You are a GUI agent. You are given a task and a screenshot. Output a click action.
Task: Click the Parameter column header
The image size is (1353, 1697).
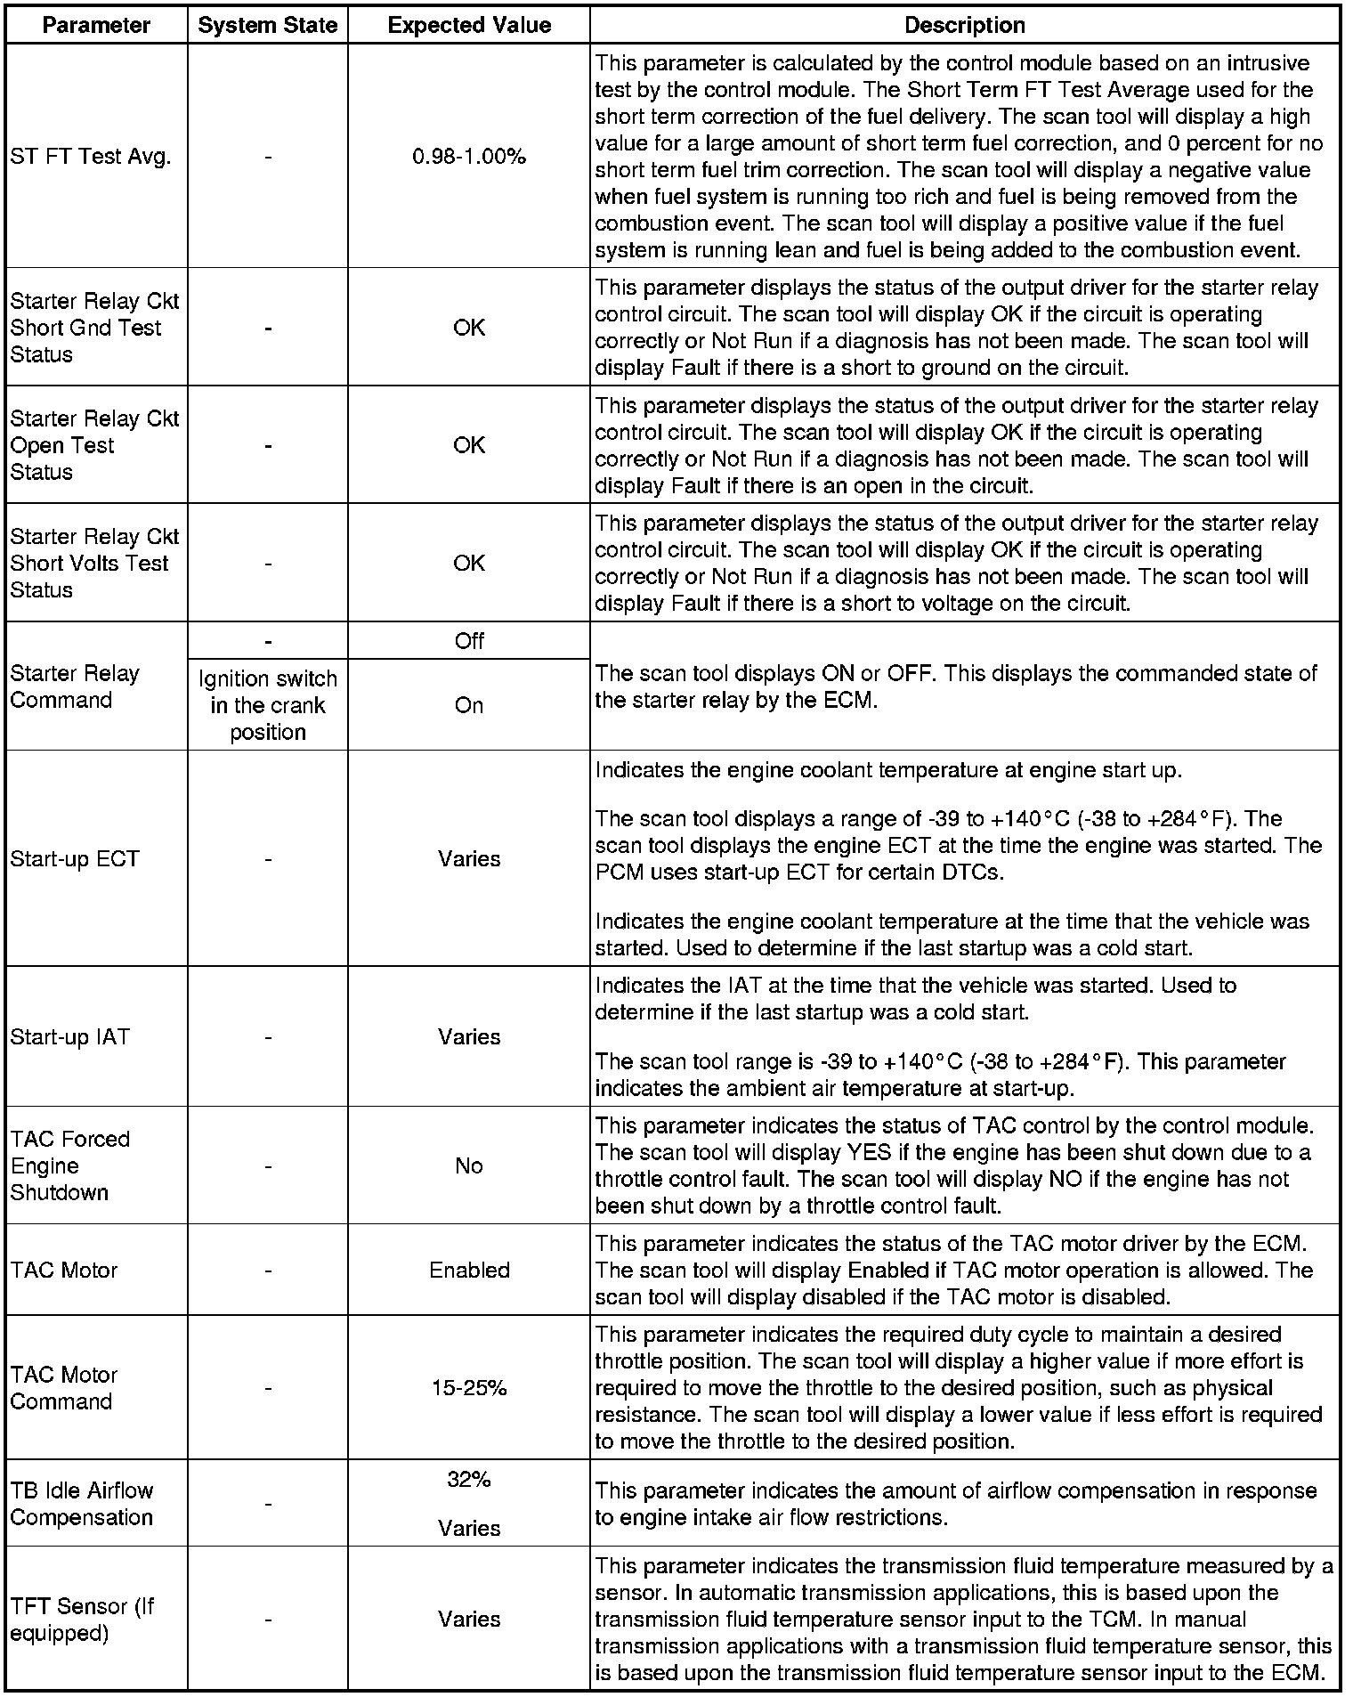click(96, 26)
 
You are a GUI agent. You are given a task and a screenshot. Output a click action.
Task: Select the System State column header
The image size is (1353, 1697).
click(267, 26)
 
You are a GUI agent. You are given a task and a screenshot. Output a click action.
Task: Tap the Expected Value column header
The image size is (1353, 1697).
click(469, 26)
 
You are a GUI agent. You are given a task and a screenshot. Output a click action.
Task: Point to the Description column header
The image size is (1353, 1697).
click(965, 26)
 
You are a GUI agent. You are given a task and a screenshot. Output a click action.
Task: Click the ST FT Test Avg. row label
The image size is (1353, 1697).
click(90, 157)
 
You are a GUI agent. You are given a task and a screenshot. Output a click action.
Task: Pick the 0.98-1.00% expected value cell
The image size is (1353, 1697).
click(469, 157)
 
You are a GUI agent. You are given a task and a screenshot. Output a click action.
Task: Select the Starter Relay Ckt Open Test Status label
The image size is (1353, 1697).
click(94, 445)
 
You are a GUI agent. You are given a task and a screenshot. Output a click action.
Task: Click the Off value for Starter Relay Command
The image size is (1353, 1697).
click(469, 641)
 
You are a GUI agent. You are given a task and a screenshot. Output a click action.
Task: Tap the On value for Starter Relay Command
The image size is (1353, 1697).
click(469, 705)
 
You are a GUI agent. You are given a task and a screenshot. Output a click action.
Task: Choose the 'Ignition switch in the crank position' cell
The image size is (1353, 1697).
click(268, 705)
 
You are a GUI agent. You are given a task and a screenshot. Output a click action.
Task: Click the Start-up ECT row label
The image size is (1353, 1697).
click(75, 859)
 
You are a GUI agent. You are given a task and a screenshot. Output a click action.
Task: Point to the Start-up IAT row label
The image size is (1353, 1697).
click(69, 1037)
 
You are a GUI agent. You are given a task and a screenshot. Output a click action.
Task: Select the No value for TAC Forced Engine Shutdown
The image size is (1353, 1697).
click(469, 1166)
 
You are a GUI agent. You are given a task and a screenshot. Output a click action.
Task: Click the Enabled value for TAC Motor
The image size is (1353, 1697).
click(469, 1271)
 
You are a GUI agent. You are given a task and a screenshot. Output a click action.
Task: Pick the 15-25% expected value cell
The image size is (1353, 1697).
click(469, 1388)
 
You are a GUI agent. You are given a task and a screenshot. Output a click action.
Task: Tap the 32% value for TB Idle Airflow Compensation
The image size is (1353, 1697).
click(469, 1480)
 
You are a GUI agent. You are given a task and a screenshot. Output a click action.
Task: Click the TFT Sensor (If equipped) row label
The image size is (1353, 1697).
click(82, 1620)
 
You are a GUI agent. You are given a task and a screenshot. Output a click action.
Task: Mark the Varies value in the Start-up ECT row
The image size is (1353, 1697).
click(469, 859)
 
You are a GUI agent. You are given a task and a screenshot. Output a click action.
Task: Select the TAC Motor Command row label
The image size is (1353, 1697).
click(64, 1388)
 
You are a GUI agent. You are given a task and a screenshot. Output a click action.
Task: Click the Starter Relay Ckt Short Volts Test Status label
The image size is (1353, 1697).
click(94, 563)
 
